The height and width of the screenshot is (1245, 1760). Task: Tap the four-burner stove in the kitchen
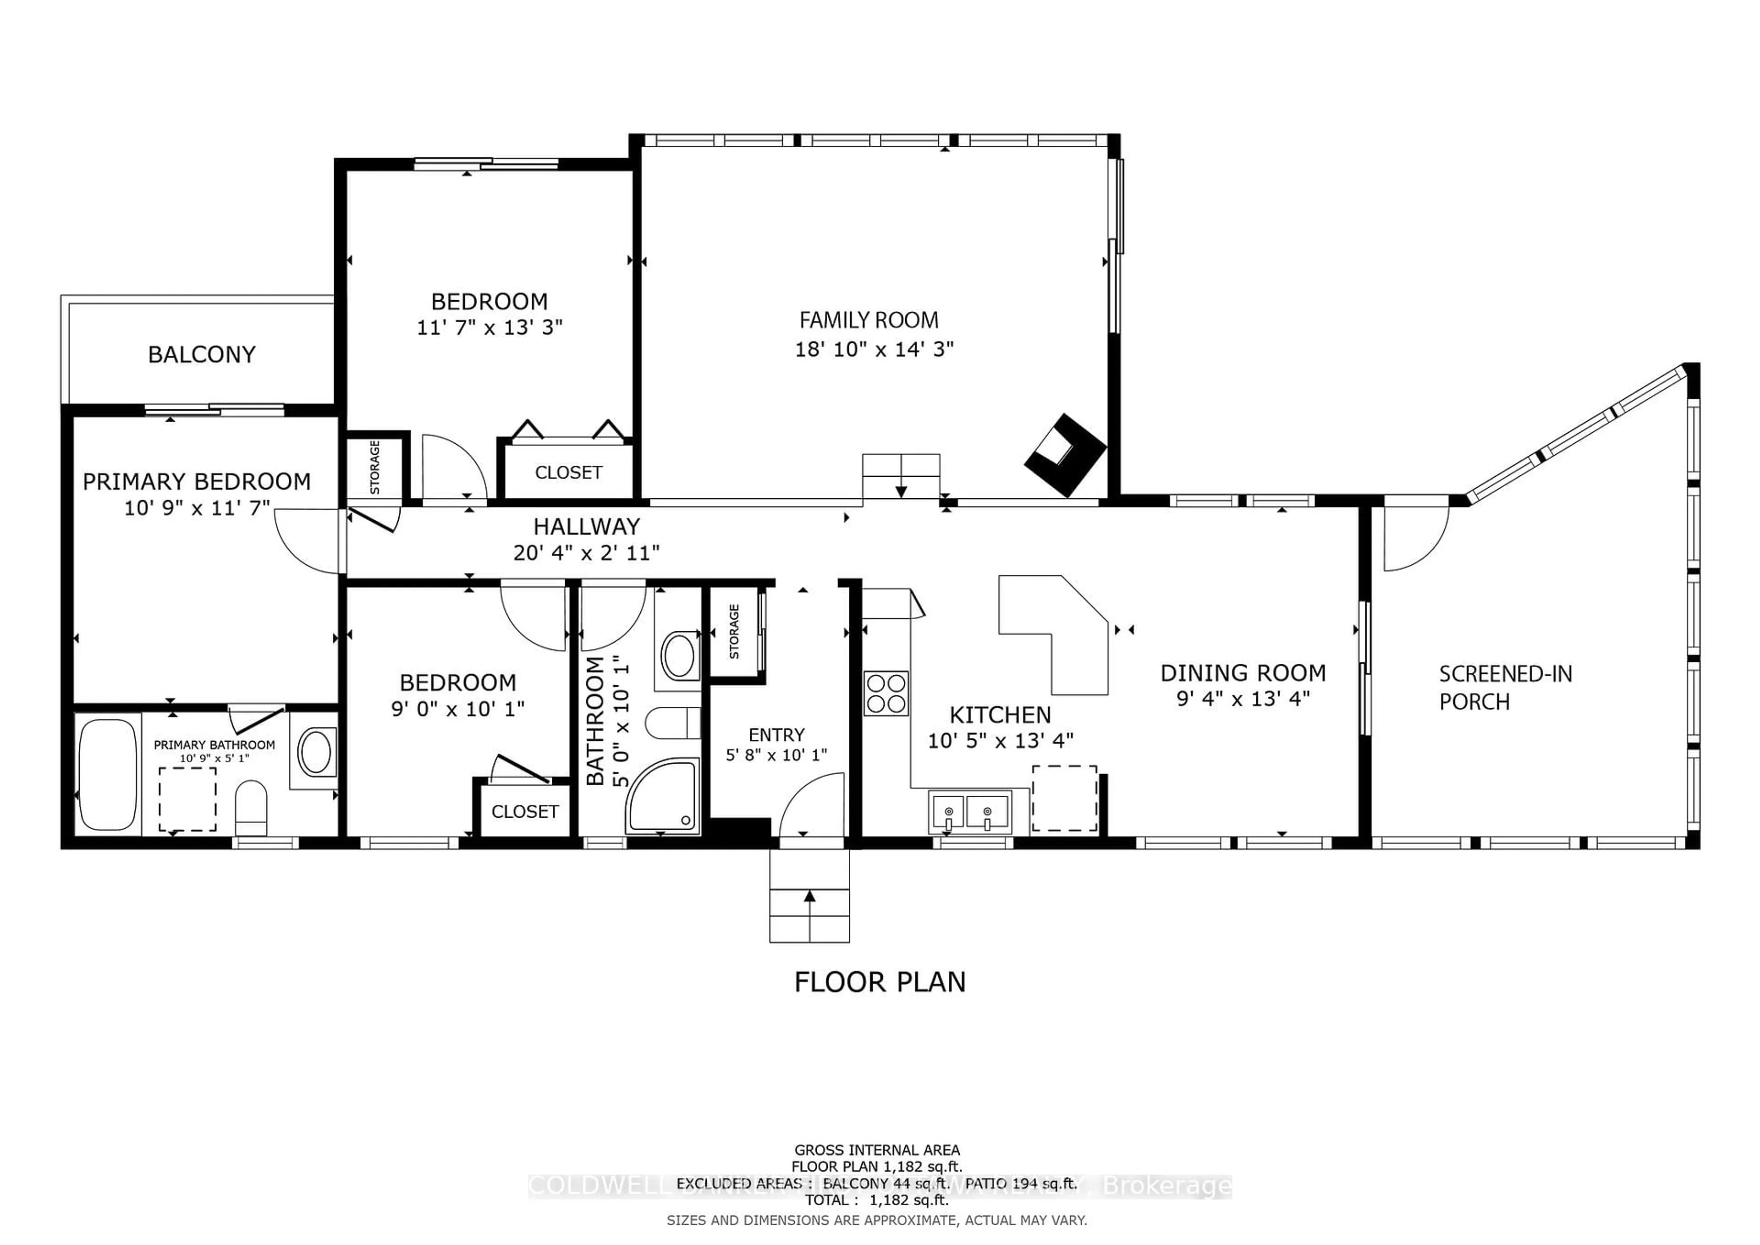(886, 693)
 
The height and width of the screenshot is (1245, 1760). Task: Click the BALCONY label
(202, 354)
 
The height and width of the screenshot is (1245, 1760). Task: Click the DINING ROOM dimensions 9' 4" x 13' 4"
(1243, 699)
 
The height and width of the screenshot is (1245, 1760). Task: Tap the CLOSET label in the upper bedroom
(568, 472)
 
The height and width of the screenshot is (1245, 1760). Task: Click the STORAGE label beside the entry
(734, 632)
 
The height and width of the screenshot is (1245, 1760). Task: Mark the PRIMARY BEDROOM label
(197, 481)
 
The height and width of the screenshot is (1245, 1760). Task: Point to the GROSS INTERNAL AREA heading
(877, 1150)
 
